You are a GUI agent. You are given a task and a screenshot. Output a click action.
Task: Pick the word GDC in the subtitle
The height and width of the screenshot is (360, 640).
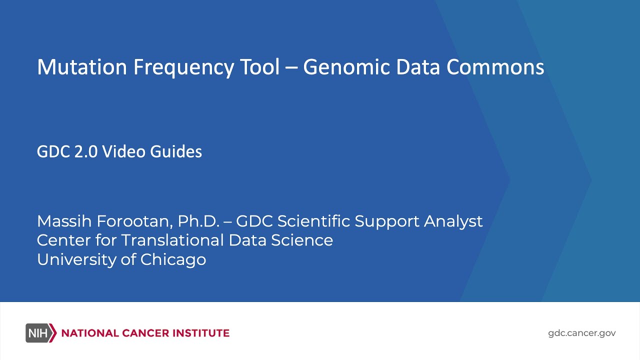[53, 151]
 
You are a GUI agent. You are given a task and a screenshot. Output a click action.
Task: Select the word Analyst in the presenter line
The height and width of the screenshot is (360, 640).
[453, 221]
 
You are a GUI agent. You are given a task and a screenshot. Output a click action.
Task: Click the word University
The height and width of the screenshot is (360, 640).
[74, 259]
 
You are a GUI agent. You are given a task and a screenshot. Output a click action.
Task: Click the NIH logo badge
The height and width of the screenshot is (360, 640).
[40, 333]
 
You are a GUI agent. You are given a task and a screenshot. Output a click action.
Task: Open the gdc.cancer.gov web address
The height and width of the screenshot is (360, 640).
[582, 333]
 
